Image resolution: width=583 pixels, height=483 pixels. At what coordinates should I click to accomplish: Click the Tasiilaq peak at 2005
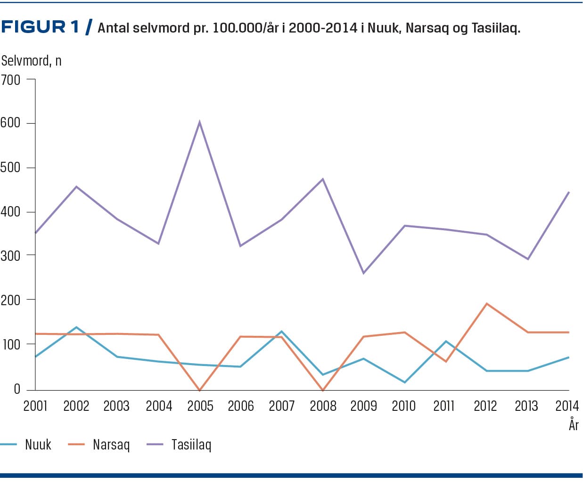pyautogui.click(x=200, y=122)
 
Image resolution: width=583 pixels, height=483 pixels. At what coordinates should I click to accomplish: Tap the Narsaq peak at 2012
pyautogui.click(x=486, y=304)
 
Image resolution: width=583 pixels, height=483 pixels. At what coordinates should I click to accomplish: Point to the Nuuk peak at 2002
pyautogui.click(x=76, y=327)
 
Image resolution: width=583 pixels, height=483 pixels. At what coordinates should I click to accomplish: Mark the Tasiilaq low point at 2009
pyautogui.click(x=363, y=273)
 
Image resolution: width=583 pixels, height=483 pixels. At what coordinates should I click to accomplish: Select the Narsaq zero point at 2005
pyautogui.click(x=200, y=390)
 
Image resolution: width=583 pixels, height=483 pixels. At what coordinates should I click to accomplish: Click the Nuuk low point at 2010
pyautogui.click(x=404, y=382)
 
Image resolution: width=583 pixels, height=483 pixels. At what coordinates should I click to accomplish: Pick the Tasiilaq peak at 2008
pyautogui.click(x=322, y=179)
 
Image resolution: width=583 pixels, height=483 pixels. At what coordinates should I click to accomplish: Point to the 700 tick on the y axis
pyautogui.click(x=31, y=79)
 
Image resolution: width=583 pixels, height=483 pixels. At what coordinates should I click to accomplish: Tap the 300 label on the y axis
pyautogui.click(x=10, y=256)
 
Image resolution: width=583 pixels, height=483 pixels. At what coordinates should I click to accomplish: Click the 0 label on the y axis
pyautogui.click(x=17, y=389)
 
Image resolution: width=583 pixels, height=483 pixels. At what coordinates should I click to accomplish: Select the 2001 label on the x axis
pyautogui.click(x=35, y=406)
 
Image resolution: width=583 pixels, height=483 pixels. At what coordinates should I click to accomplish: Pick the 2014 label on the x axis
pyautogui.click(x=567, y=406)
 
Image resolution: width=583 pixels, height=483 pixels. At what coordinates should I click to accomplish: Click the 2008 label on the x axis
pyautogui.click(x=323, y=406)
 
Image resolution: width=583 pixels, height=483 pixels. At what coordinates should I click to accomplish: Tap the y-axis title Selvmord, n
pyautogui.click(x=31, y=61)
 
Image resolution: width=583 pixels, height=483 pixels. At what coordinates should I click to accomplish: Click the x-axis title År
pyautogui.click(x=573, y=425)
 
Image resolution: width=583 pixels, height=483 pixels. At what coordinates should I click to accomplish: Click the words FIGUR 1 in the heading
pyautogui.click(x=40, y=27)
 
